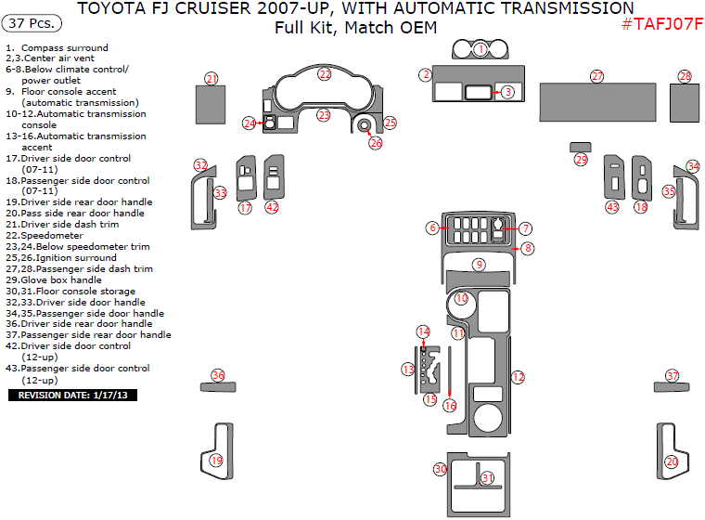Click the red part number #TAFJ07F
tap(661, 25)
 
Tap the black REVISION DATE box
tap(73, 395)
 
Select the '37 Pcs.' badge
tap(33, 22)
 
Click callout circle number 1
tap(481, 48)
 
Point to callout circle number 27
tap(596, 76)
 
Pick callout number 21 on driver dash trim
tap(211, 79)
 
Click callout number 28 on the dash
tap(685, 76)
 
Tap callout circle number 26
tap(375, 143)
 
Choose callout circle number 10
tap(461, 299)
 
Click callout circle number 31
tap(487, 477)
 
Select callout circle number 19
tap(216, 461)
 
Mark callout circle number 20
tap(672, 461)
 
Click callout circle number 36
tap(218, 375)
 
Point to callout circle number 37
tap(673, 375)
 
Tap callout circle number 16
tap(450, 405)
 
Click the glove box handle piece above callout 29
tap(580, 146)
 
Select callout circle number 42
tap(272, 207)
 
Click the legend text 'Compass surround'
tap(64, 47)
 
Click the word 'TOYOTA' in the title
tap(109, 8)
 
